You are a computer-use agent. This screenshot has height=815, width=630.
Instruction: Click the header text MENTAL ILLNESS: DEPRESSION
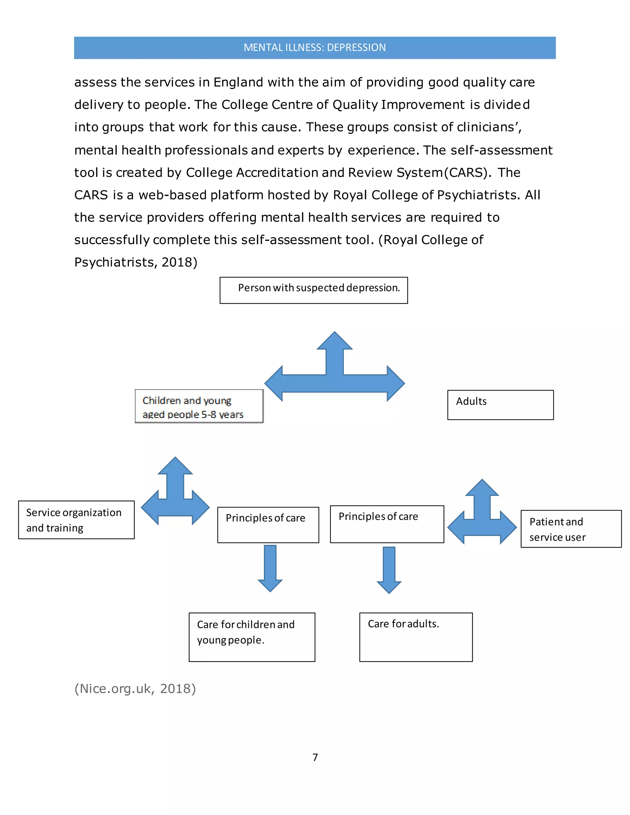[314, 47]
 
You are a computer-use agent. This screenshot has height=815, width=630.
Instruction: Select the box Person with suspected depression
[313, 290]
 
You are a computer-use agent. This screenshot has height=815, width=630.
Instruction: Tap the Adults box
[500, 405]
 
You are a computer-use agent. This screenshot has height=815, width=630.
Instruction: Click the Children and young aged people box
[199, 406]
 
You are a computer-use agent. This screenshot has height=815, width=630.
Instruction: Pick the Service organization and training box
[76, 520]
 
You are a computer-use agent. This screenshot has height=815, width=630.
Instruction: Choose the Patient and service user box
[571, 529]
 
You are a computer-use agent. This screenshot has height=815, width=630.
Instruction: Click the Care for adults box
[416, 637]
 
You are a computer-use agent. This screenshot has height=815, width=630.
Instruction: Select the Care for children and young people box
[252, 637]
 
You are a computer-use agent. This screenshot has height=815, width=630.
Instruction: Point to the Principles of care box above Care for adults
[387, 524]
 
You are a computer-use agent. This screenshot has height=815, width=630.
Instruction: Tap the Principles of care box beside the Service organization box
[268, 525]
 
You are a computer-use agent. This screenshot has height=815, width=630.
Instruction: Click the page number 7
[315, 757]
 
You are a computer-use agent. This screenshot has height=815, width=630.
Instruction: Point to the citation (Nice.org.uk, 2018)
[135, 689]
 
